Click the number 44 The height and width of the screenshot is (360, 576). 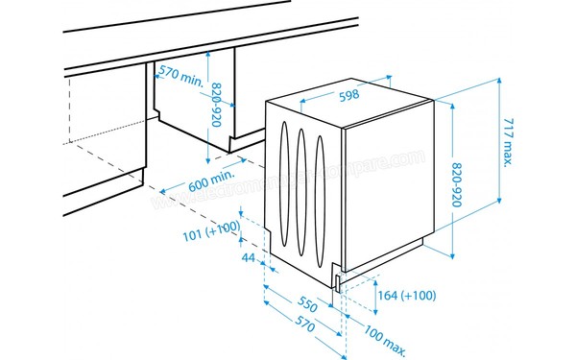tap(247, 258)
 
